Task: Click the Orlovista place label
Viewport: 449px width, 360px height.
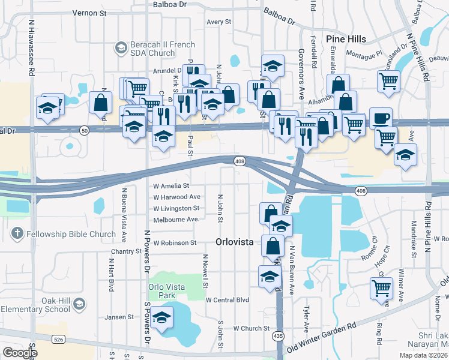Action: pyautogui.click(x=234, y=242)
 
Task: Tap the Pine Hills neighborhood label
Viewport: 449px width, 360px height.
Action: pyautogui.click(x=346, y=39)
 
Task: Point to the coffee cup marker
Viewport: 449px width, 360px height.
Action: pyautogui.click(x=381, y=118)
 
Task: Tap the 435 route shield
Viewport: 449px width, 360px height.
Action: pyautogui.click(x=277, y=336)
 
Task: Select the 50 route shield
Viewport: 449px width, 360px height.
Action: pyautogui.click(x=84, y=129)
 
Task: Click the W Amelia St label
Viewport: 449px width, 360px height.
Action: pyautogui.click(x=171, y=186)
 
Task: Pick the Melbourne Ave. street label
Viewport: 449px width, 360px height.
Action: pyautogui.click(x=176, y=220)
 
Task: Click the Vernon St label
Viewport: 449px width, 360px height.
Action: pyautogui.click(x=89, y=12)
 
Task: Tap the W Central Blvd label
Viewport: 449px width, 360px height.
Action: pyautogui.click(x=227, y=299)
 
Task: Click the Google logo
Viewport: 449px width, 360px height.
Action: pyautogui.click(x=20, y=353)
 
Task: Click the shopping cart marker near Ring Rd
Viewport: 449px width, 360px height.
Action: pyautogui.click(x=381, y=288)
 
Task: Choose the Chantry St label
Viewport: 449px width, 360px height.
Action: pyautogui.click(x=126, y=251)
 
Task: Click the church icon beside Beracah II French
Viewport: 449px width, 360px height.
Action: pyautogui.click(x=121, y=47)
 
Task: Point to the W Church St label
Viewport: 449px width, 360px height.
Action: pyautogui.click(x=253, y=328)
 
